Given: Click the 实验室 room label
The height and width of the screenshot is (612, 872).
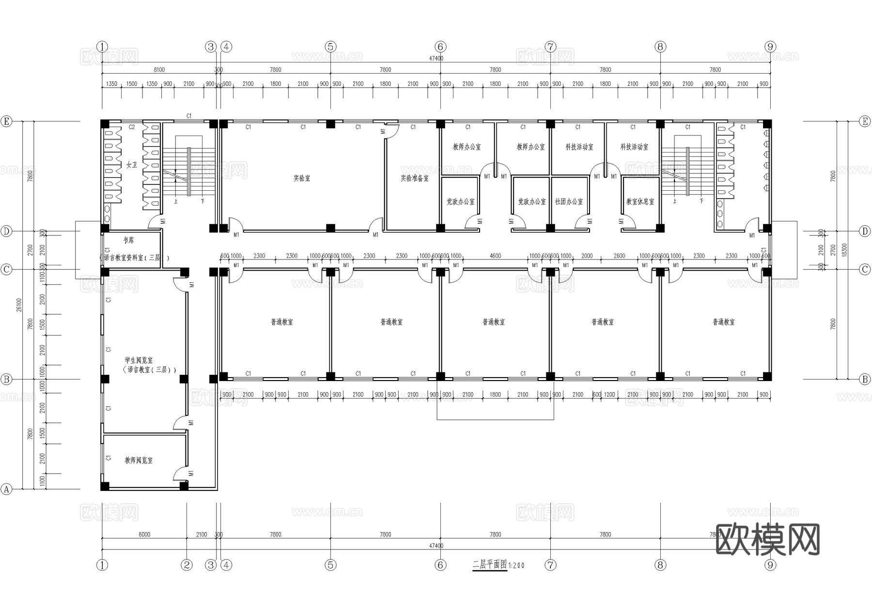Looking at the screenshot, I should (301, 178).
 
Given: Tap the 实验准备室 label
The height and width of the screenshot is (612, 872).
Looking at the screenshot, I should (414, 178).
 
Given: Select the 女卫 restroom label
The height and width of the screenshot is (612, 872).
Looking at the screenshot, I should (131, 165).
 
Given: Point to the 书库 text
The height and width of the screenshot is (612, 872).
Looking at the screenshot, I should (128, 240).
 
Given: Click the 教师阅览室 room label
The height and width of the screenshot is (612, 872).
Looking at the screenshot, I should (139, 460).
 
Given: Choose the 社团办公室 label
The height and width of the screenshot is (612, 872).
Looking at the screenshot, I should (569, 201).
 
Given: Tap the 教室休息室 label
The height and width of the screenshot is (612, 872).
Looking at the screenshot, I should (640, 201).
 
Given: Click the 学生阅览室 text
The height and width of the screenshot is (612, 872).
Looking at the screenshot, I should (139, 360).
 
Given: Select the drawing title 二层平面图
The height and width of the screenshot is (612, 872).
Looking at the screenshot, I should (489, 565).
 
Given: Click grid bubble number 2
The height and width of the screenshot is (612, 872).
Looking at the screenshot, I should (187, 565).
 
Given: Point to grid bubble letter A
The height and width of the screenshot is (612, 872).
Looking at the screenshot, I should (6, 489).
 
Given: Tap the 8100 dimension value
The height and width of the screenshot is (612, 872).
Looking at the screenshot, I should (159, 70).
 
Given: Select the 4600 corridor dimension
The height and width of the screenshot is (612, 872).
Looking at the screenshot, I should (495, 256).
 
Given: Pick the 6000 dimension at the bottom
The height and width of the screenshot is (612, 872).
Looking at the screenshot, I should (144, 535).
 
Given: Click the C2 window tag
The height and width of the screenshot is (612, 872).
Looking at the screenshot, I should (131, 127).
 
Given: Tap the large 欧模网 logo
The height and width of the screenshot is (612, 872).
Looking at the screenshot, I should (767, 539).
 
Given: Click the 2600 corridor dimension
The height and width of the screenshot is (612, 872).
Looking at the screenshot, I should (619, 256).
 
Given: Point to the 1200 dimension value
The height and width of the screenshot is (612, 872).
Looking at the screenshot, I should (609, 395).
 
